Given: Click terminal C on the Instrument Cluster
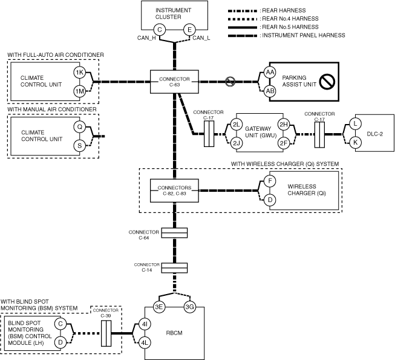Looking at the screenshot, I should tap(160, 30).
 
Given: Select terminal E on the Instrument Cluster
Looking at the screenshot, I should tap(189, 30).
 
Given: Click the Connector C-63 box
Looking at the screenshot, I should tap(174, 82).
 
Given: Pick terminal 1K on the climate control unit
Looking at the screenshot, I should tap(79, 73).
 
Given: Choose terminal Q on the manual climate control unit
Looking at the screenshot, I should tap(79, 127).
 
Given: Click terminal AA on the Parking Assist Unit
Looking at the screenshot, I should tap(269, 73).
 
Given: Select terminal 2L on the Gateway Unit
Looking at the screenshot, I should tap(236, 125).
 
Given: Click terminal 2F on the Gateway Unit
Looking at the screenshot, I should tap(282, 143).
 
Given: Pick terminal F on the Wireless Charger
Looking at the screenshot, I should tap(270, 180).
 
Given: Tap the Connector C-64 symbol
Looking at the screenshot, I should tap(174, 232).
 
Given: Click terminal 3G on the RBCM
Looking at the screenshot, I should tap(189, 307).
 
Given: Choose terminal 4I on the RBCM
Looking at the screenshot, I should tap(145, 324).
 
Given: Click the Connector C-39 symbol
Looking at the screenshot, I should tap(106, 333).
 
